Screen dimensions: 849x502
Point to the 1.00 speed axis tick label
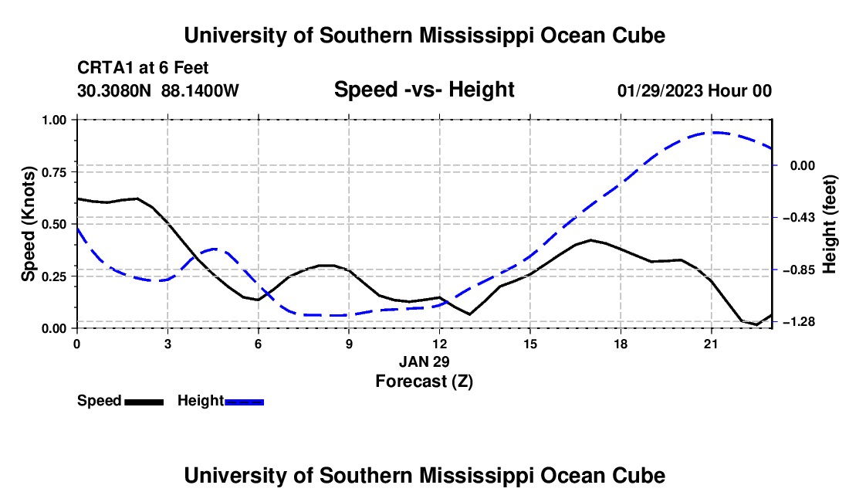[57, 120]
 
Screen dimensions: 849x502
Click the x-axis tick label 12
[440, 344]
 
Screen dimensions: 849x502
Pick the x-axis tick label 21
[711, 344]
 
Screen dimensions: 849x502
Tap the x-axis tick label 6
[259, 344]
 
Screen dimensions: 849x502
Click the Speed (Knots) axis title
[28, 224]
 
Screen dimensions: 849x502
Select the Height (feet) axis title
[830, 224]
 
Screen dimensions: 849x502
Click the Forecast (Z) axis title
[424, 382]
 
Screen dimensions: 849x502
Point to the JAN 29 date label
[424, 361]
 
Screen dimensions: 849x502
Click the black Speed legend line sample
[144, 402]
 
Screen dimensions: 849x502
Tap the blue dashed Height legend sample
[244, 402]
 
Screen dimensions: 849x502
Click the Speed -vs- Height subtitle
[424, 90]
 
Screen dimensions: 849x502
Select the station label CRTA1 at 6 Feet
[143, 68]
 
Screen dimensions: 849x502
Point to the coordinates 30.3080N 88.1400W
[158, 90]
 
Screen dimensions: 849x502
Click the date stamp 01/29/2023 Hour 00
[695, 90]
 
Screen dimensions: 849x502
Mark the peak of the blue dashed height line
[715, 132]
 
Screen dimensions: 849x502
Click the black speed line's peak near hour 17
[590, 240]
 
